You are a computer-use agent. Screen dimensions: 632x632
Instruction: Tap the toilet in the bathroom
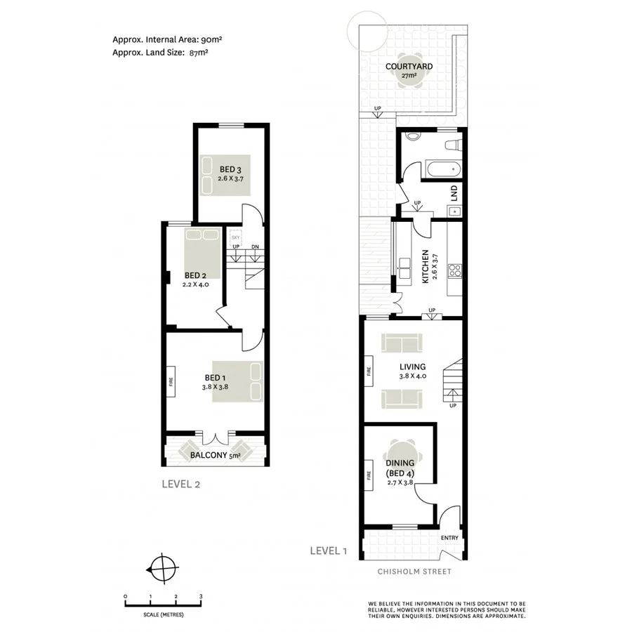tap(454, 145)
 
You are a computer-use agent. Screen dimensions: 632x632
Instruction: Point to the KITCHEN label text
tap(425, 268)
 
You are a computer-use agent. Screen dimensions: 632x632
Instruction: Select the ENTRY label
tap(449, 539)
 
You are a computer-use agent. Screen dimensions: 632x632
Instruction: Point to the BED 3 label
tap(230, 169)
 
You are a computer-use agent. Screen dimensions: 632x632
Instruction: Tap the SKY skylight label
tap(235, 238)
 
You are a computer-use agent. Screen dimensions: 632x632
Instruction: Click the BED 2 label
tap(195, 275)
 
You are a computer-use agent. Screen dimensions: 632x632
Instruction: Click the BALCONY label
tap(209, 456)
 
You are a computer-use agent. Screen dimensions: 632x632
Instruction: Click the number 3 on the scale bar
tap(201, 596)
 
